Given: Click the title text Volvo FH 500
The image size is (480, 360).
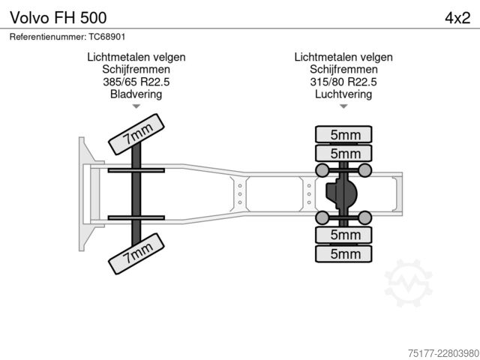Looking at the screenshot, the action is (58, 17).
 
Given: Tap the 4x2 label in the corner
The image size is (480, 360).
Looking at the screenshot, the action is (457, 18).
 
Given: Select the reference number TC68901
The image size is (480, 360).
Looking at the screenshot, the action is (107, 37).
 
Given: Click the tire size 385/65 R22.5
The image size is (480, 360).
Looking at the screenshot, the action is (136, 82).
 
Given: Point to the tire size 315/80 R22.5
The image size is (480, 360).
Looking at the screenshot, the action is (343, 82).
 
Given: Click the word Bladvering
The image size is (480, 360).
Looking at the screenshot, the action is (136, 94).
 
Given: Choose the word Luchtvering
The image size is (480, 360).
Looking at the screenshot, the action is (343, 94).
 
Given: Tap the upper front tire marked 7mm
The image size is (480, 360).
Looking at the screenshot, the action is (136, 134).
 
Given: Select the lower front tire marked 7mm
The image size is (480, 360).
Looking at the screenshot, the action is (136, 253).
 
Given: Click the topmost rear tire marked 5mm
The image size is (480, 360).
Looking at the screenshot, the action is (343, 134).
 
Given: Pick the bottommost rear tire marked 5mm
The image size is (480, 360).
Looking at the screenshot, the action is (343, 253).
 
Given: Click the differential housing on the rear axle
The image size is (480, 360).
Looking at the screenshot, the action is (341, 193).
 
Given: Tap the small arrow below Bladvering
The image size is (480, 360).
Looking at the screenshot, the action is (136, 106).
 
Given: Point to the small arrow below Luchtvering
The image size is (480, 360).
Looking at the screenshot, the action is (343, 106).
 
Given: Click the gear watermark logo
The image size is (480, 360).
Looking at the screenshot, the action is (408, 283).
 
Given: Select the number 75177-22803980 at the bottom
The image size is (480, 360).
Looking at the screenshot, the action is (443, 353).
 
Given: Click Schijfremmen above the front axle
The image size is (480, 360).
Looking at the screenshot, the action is (136, 70).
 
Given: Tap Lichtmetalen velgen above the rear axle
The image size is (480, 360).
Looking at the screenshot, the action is (343, 57).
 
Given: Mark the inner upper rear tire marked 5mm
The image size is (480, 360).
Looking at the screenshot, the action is (343, 153).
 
